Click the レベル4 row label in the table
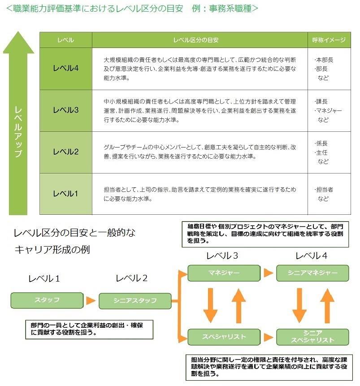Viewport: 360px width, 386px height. pos(66,68)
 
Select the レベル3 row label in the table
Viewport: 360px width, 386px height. pos(66,110)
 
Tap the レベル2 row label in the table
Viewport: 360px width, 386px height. pos(66,152)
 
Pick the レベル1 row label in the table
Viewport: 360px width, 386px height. pos(66,194)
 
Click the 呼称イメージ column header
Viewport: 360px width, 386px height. pos(329,40)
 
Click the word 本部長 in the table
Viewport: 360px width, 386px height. pos(324,60)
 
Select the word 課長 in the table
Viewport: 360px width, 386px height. pos(322,102)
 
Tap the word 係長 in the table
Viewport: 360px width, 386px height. pos(322,143)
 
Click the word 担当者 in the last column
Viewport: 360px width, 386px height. pos(324,190)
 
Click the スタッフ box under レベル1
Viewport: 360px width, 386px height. pos(47,300)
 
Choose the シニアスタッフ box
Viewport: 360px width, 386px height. pos(135,300)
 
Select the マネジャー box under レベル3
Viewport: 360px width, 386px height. pos(224,273)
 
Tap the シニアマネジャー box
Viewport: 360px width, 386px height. pos(312,273)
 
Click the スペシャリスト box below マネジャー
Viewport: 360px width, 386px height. pos(224,336)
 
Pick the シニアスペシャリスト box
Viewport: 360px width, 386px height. pos(312,336)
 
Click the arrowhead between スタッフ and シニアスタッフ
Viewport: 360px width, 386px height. pos(91,300)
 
